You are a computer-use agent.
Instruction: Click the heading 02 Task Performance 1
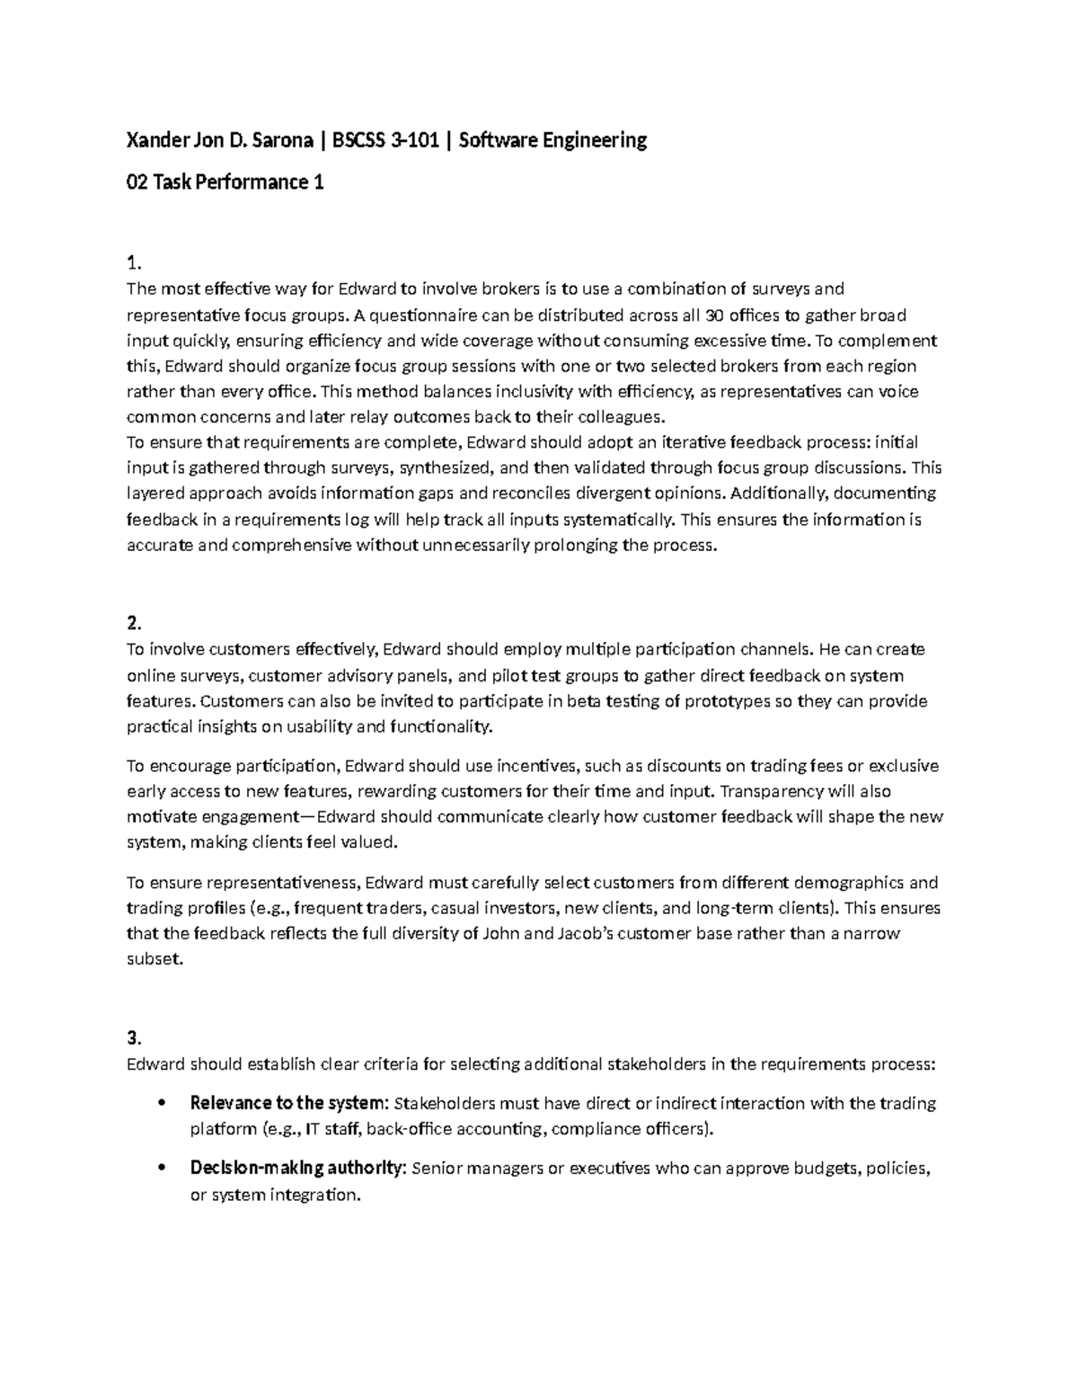point(225,182)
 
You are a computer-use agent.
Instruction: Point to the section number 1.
point(134,263)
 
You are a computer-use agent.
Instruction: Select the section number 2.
point(134,624)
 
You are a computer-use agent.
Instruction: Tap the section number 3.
point(134,1038)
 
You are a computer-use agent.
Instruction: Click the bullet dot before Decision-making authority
point(162,1169)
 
